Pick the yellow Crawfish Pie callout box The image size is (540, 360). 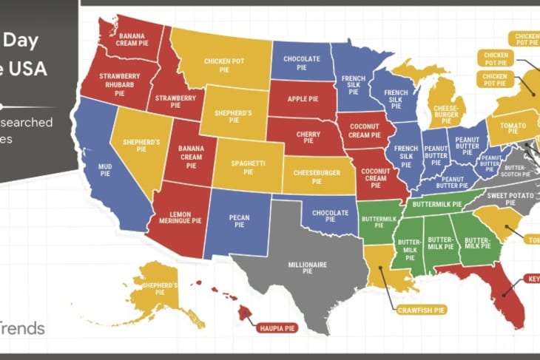[419, 308]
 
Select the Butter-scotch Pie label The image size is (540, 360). [513, 171]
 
